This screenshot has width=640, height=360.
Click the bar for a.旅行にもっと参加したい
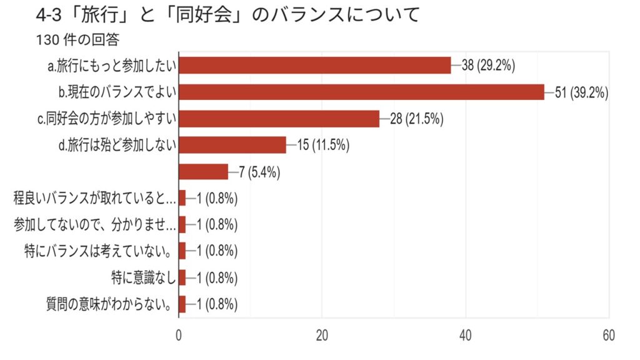[x=314, y=65]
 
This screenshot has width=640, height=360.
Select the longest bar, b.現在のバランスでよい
[x=361, y=92]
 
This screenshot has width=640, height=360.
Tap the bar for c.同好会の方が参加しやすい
[x=279, y=118]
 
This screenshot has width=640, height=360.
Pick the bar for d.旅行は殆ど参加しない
[x=232, y=145]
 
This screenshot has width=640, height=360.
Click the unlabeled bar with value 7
[x=203, y=171]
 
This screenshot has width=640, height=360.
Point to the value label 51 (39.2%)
[x=582, y=92]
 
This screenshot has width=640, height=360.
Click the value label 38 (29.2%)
[x=488, y=66]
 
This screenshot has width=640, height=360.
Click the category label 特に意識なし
[x=142, y=278]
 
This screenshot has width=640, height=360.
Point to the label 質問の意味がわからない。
[x=110, y=305]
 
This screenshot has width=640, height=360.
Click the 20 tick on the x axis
[x=322, y=335]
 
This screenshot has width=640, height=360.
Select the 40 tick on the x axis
[x=466, y=335]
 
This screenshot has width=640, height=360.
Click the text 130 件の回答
[x=79, y=39]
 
